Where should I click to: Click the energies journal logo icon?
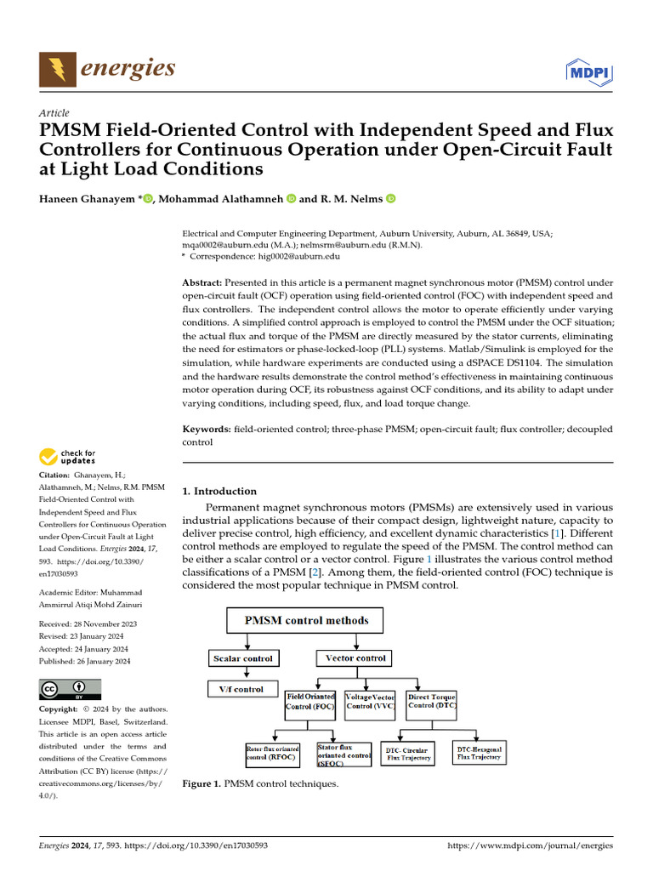(57, 68)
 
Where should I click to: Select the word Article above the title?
(54, 113)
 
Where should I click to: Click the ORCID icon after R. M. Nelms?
(391, 199)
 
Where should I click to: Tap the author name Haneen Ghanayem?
(88, 199)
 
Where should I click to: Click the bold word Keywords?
(207, 430)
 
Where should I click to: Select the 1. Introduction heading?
(219, 491)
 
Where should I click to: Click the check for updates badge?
(68, 457)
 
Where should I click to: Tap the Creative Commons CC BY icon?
(70, 688)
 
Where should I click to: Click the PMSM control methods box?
(306, 620)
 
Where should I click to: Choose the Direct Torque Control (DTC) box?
(432, 702)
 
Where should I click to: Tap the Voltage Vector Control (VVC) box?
(371, 702)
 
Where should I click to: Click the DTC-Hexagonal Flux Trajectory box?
(479, 753)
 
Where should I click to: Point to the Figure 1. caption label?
(202, 783)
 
